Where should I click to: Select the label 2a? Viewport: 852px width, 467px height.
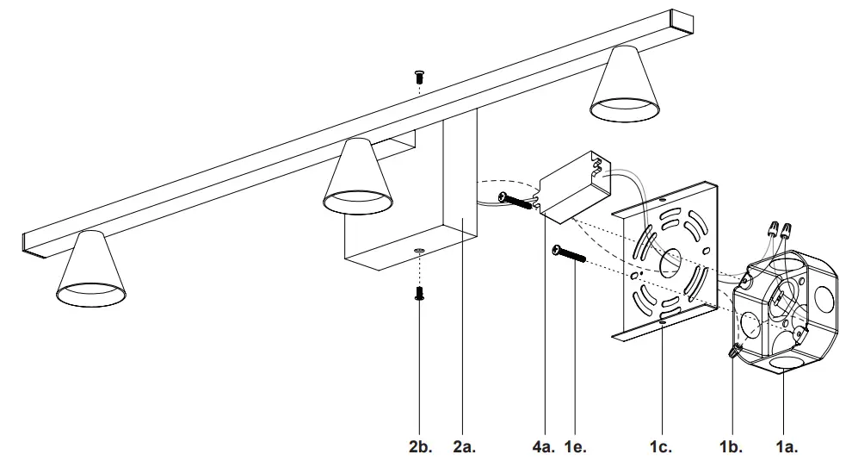tap(464, 446)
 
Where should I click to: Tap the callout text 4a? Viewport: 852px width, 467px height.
tap(543, 446)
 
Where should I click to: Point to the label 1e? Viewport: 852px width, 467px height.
tap(577, 446)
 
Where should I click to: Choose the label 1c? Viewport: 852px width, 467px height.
tap(660, 446)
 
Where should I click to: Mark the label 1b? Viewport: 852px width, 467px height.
tap(730, 446)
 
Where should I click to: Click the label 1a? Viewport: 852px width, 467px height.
tap(787, 446)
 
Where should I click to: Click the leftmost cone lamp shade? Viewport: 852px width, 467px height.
tap(91, 270)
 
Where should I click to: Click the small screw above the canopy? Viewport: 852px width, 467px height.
tap(419, 76)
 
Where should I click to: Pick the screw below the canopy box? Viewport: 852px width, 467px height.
tap(419, 293)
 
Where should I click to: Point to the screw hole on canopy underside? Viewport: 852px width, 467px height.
tap(418, 250)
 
